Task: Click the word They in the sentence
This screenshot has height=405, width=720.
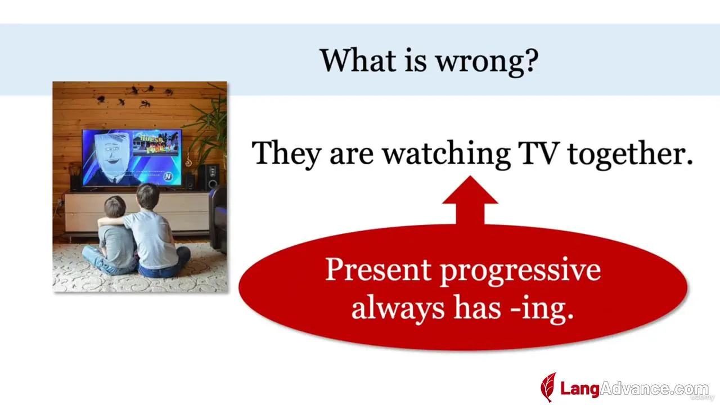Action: (x=286, y=154)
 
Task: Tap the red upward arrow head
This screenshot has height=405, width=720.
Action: (x=470, y=190)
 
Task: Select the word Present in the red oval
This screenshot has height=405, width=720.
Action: (x=378, y=269)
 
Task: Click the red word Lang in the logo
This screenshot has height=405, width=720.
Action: (x=580, y=389)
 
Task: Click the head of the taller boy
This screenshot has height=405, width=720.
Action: (x=147, y=196)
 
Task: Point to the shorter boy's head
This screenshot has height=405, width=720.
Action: (x=115, y=207)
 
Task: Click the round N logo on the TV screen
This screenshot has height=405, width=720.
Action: (x=168, y=177)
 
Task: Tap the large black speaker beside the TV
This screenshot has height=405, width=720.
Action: (x=209, y=177)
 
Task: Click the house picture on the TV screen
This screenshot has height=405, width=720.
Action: (x=156, y=143)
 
